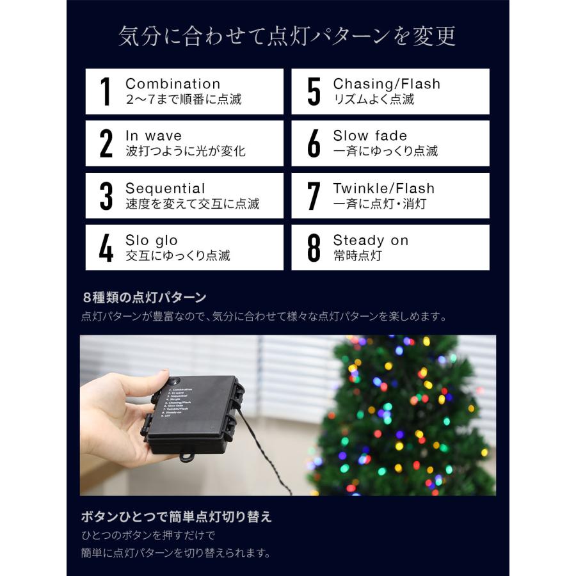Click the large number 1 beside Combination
tap(106, 92)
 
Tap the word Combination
tap(173, 84)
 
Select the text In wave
tap(154, 136)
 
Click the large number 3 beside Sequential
tap(106, 196)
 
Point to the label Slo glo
tap(152, 241)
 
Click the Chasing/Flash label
tap(387, 84)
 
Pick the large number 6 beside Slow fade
tap(314, 144)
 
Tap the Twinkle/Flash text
tap(383, 188)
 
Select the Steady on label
tap(371, 241)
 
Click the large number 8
tap(314, 248)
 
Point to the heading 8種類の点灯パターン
tap(145, 298)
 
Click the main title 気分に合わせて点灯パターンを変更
tap(287, 36)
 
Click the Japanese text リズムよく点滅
tap(373, 99)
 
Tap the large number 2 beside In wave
tap(106, 144)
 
